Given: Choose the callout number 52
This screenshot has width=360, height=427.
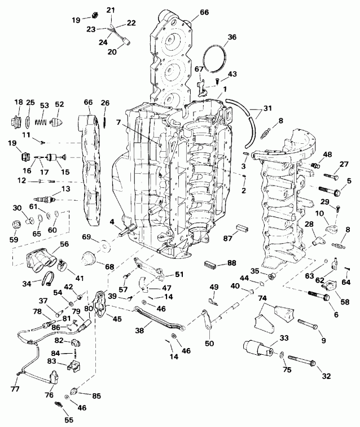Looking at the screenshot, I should click(59, 104).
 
